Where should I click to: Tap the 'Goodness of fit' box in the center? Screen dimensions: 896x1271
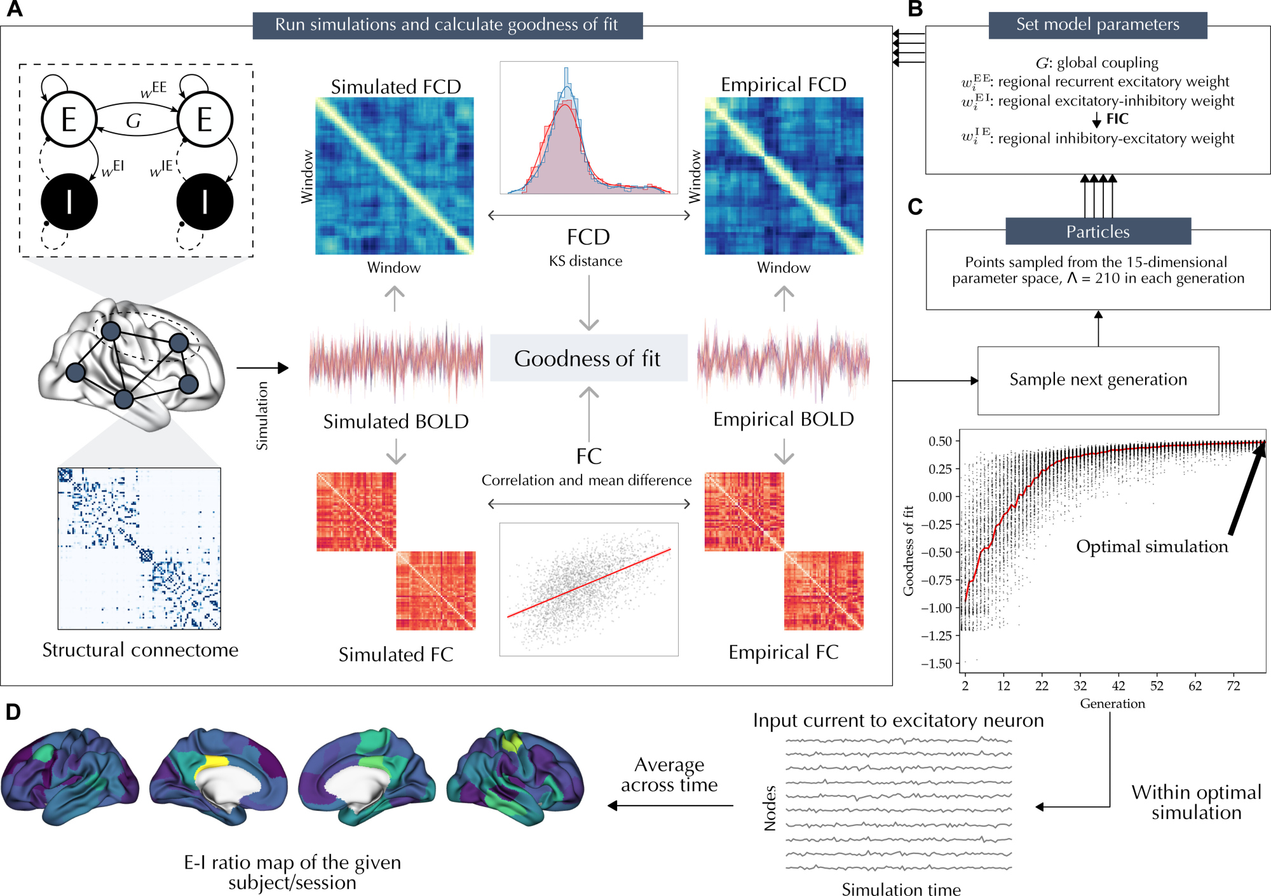coord(588,358)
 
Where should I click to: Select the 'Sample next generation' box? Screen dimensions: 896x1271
coord(1098,380)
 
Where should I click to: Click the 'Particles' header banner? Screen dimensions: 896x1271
coord(1098,231)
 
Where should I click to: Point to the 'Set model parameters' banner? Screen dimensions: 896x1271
coord(1098,25)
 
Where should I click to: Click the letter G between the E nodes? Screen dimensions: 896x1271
coord(133,121)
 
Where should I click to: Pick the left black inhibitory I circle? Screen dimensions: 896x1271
coord(69,202)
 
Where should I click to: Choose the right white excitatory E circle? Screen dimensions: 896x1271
coord(205,120)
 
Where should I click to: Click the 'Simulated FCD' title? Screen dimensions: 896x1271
coord(395,86)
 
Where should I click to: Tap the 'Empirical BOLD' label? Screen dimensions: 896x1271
coord(783,420)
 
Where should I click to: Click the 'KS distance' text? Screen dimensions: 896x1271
coord(585,261)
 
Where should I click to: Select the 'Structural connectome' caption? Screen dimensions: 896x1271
coord(140,650)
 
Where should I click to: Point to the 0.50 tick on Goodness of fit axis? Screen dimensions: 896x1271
coord(940,441)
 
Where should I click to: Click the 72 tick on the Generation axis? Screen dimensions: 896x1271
coord(1233,686)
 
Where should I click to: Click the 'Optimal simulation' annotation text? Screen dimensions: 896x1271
coord(1152,547)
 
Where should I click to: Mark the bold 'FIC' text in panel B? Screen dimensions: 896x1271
coord(1117,119)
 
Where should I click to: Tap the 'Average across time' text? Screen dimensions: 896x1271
coord(669,775)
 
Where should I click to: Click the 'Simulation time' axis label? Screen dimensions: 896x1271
coord(901,889)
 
